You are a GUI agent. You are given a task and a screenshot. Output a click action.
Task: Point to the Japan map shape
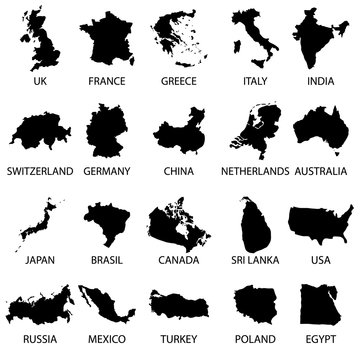coord(38,222)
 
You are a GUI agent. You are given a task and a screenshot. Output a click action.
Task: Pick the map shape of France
coord(108,37)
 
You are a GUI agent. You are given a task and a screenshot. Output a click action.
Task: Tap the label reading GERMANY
coord(107,172)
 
